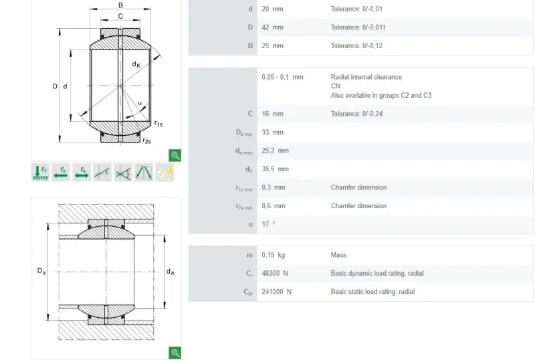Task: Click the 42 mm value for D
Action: tap(272, 27)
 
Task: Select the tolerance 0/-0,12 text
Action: tap(356, 46)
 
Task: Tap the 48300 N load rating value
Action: tap(275, 273)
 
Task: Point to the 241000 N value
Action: tap(276, 292)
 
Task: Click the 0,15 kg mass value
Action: tap(273, 255)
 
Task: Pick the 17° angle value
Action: tap(268, 224)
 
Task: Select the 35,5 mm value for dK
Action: tap(275, 169)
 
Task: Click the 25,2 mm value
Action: tap(275, 151)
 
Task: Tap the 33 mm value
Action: tap(272, 132)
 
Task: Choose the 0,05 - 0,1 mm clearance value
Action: tap(282, 77)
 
